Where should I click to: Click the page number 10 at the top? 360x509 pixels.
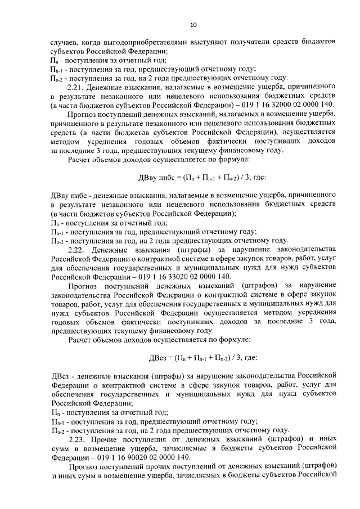tap(193, 24)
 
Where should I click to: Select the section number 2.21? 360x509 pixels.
tap(76, 88)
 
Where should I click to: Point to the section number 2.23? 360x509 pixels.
tap(77, 438)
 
